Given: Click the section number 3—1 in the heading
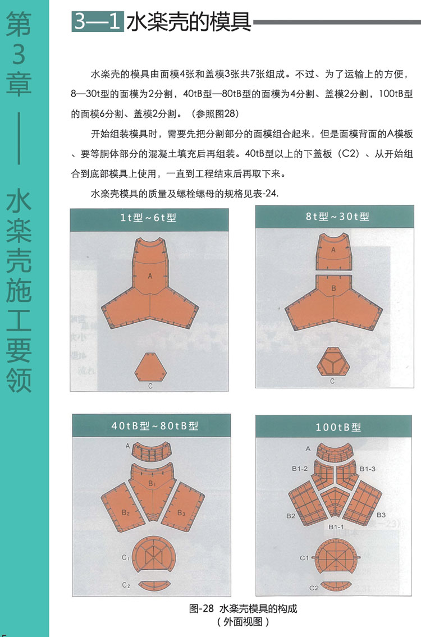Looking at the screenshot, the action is click(98, 21).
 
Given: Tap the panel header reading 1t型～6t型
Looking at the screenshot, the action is click(149, 218).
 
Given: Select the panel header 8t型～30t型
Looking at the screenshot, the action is click(337, 217).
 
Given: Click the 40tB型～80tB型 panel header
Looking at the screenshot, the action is click(155, 426).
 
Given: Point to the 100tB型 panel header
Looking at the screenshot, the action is click(338, 427).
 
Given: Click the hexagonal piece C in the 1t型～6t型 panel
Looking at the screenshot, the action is click(150, 367).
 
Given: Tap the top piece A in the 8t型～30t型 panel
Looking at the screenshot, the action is click(333, 251).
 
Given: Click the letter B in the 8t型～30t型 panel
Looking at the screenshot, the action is click(333, 288).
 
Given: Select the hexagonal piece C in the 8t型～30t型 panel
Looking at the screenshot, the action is click(333, 362).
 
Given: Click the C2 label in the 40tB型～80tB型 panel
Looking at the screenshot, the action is click(126, 585).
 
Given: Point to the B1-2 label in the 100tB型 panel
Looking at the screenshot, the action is click(300, 469).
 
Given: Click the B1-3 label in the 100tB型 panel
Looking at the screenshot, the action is click(367, 469).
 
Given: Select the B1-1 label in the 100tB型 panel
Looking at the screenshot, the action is click(336, 527).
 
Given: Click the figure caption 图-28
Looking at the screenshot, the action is click(201, 608).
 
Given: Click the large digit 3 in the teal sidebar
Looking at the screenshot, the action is click(19, 54).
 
